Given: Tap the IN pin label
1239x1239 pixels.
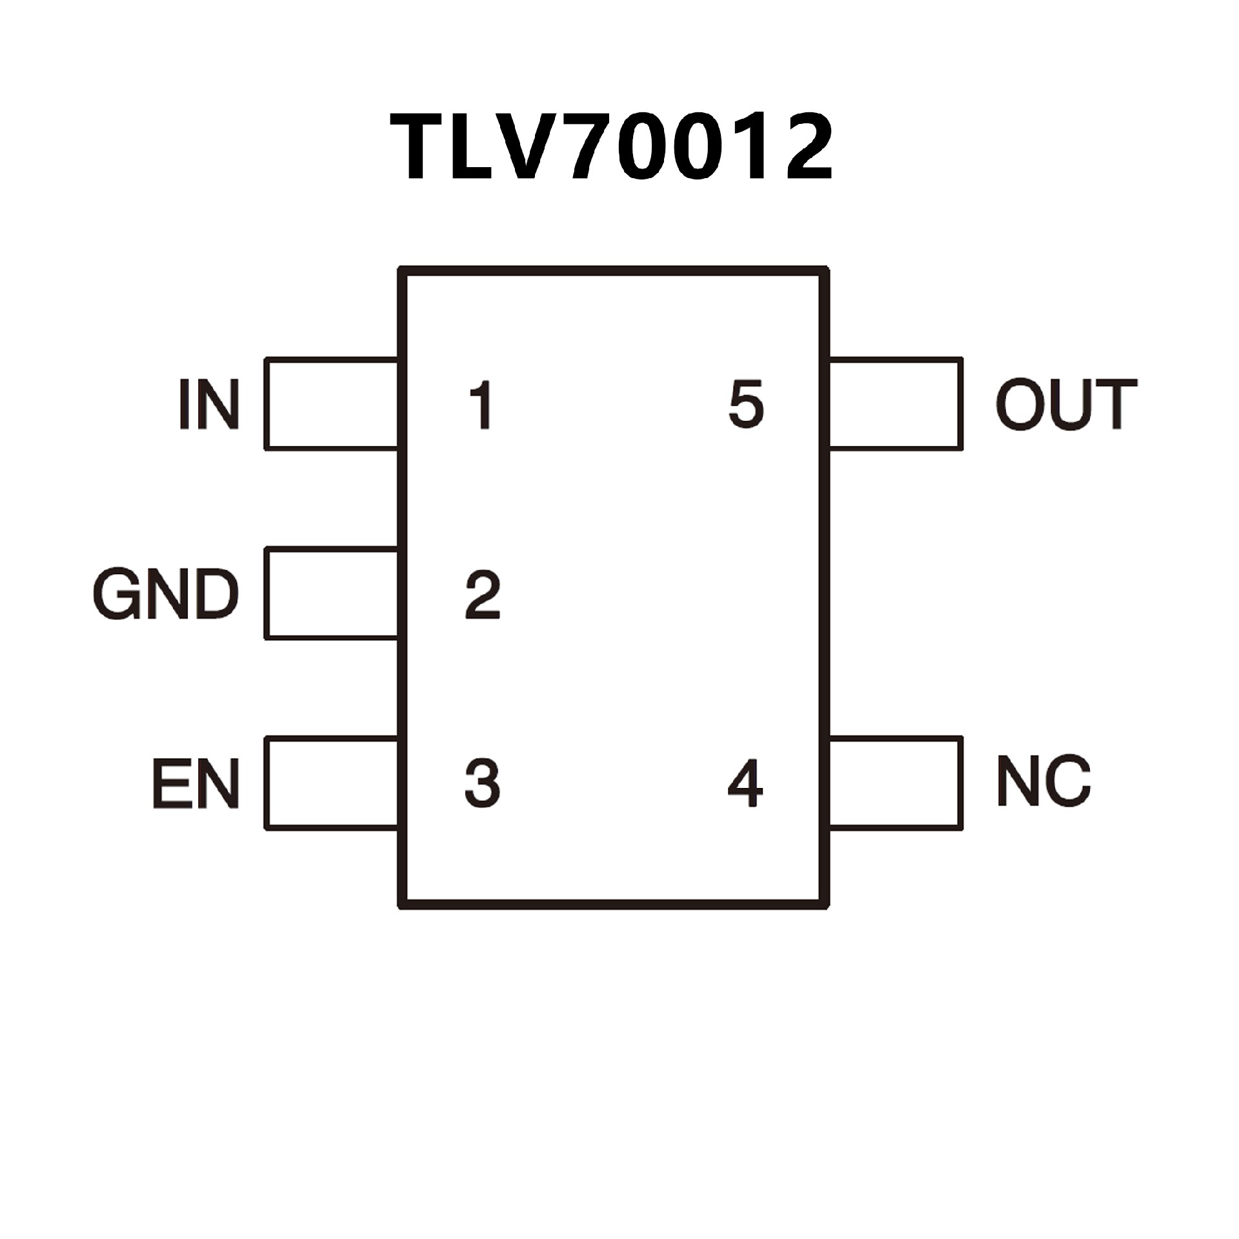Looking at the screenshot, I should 209,405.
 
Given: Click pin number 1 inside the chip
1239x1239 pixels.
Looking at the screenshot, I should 481,405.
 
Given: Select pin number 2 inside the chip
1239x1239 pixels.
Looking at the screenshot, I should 483,594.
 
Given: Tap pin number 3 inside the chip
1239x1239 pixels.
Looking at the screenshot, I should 483,783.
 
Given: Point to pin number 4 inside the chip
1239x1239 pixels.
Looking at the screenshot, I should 745,783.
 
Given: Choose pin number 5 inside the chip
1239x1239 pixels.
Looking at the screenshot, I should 746,405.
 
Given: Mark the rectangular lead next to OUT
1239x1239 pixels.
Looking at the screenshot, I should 896,404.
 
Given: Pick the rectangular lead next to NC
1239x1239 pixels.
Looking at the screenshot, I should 896,783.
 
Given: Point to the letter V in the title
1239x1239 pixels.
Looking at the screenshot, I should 537,147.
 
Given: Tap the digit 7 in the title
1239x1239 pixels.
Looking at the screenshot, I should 590,147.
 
